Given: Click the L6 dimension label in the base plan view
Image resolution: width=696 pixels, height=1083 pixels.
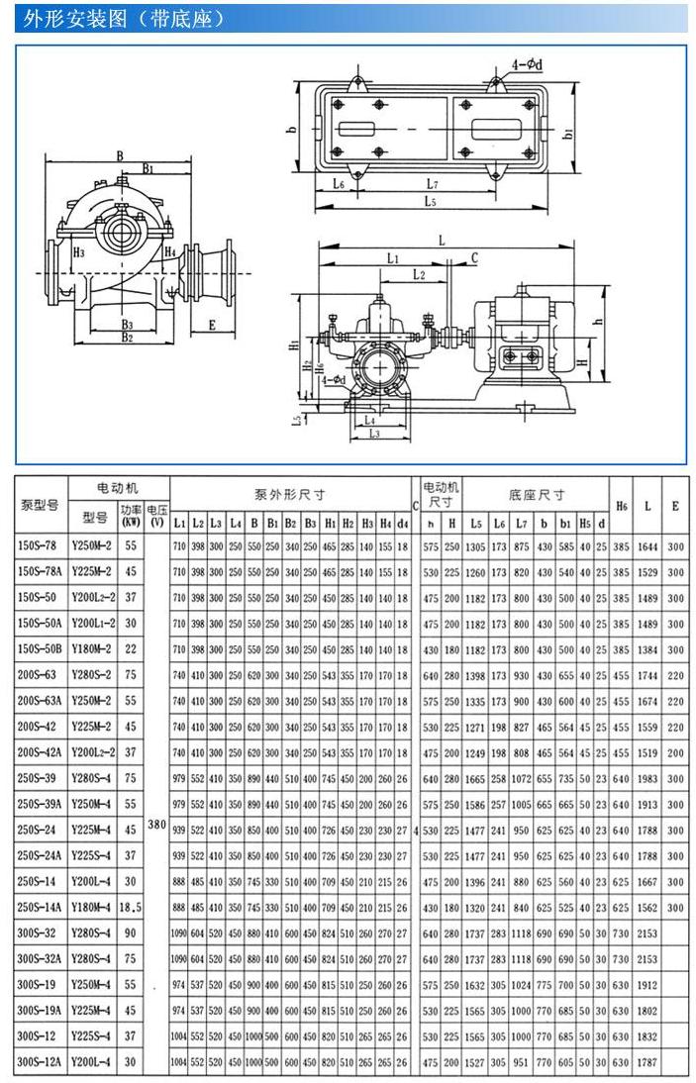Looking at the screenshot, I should point(337,185).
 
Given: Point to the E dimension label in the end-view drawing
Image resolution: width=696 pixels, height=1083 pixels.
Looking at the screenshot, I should point(211,324).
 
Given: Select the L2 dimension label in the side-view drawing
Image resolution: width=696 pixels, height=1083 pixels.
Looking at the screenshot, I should point(418,273).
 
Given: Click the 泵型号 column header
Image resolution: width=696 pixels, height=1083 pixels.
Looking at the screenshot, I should point(41,505).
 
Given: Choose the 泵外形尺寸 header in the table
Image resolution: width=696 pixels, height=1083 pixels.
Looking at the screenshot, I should point(290,494).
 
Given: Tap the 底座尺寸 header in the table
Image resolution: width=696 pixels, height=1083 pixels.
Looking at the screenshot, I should point(537,494).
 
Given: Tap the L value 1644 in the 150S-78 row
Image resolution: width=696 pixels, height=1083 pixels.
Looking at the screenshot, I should point(647,545).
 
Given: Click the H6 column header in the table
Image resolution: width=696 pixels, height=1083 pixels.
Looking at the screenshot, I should point(621,505).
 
